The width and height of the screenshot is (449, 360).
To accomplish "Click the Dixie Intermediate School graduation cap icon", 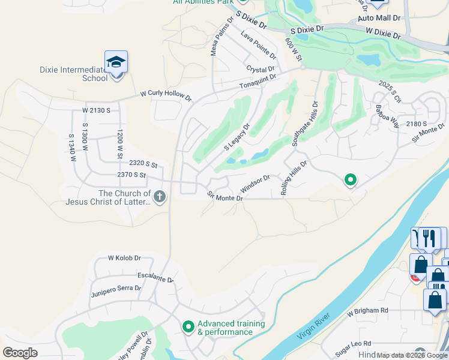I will (x=116, y=62).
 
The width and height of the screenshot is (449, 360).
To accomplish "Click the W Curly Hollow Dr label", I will (x=165, y=95).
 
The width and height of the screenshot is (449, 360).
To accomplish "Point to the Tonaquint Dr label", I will (x=258, y=82).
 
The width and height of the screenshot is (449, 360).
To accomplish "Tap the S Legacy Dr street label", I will (x=237, y=137).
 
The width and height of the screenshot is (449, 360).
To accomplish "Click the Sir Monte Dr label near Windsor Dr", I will (x=225, y=196).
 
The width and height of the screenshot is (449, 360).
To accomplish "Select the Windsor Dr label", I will (x=256, y=181).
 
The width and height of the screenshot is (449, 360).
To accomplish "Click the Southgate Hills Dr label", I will (x=304, y=124).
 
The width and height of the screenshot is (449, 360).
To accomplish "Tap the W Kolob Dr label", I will (x=124, y=258).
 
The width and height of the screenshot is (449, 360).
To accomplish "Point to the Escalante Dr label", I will (x=155, y=277).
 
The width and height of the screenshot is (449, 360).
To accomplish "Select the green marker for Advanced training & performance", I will (x=188, y=327).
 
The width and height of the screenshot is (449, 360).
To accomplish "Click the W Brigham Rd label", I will (x=367, y=311).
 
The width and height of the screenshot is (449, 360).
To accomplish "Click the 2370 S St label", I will (x=131, y=175).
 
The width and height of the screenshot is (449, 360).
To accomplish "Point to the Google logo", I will (x=20, y=353).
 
